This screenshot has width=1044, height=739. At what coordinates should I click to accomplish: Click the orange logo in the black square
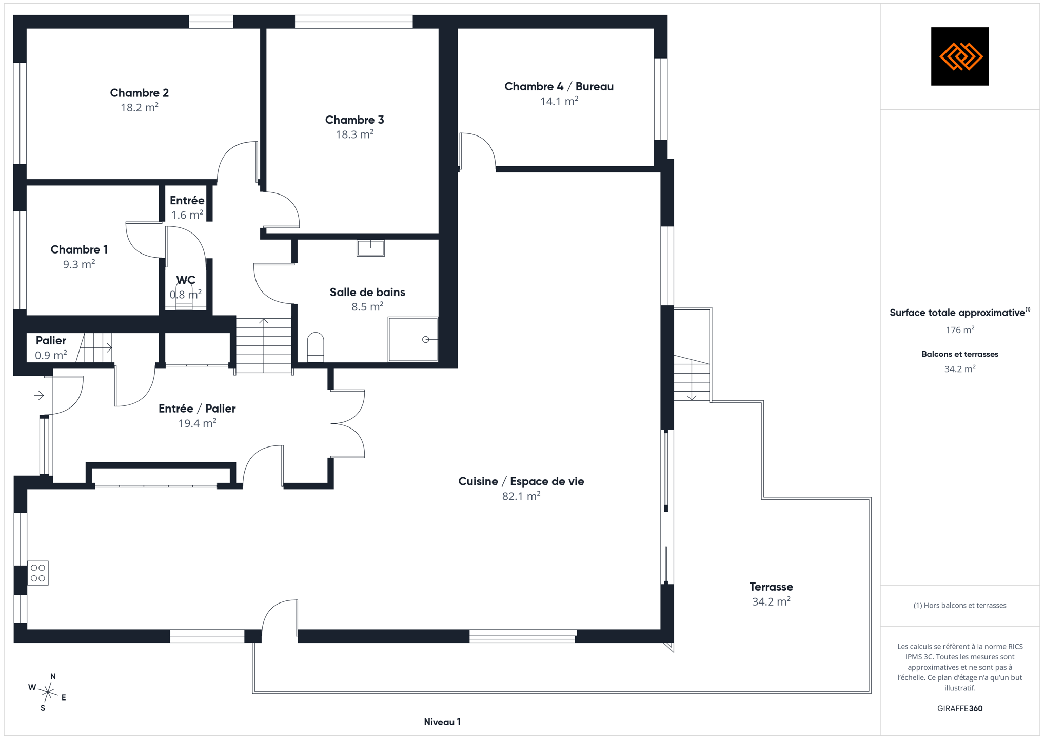coord(960,56)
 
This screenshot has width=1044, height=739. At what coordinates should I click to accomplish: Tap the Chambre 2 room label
coord(139,93)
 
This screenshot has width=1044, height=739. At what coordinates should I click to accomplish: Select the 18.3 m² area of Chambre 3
coord(354,134)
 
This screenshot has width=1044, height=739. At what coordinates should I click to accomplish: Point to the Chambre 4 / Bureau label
coord(559,86)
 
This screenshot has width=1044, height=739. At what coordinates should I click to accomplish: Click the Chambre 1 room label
coord(79,250)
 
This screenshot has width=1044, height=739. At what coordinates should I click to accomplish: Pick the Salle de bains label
coord(367,292)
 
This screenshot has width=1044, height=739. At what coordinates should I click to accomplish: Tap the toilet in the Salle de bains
coord(316,347)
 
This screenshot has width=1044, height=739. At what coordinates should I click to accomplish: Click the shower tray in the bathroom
coord(413,339)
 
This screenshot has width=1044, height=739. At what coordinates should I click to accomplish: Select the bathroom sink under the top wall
coord(370,248)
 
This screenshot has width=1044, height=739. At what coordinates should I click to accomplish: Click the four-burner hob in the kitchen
coord(38,573)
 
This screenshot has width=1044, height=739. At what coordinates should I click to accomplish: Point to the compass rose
coord(48,692)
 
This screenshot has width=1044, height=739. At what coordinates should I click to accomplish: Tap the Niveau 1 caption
coord(442,722)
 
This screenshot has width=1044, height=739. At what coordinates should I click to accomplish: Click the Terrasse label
coord(771,587)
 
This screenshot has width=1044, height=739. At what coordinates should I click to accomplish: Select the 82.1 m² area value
coord(521,496)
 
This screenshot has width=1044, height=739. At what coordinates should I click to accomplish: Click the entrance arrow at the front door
coord(39,395)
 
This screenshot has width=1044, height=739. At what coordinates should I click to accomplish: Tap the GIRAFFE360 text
coord(960,709)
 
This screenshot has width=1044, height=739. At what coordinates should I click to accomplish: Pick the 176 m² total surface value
coord(960,330)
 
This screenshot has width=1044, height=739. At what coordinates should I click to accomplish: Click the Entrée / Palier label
coord(197,409)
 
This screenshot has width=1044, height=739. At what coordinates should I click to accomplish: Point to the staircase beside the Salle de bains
coord(264,345)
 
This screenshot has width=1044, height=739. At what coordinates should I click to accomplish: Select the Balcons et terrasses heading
coord(960,354)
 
